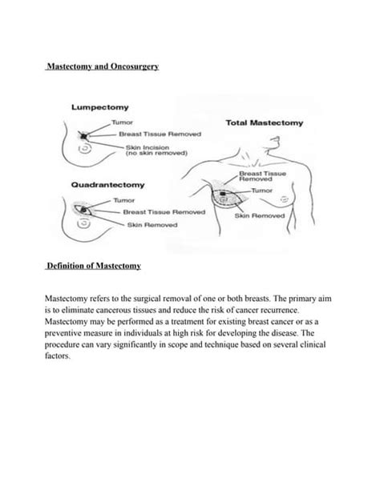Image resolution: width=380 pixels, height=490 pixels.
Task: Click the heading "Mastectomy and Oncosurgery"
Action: coord(102,70)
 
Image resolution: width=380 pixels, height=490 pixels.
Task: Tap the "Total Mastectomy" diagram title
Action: coord(260,124)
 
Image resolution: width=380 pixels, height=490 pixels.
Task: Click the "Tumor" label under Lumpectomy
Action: coord(122,121)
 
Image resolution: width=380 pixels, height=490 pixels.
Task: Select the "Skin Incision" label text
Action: coord(144,147)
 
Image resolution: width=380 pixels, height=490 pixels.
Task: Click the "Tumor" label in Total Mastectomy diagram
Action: coord(263,191)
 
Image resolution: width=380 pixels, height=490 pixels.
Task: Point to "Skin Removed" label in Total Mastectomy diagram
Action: coord(258,216)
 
